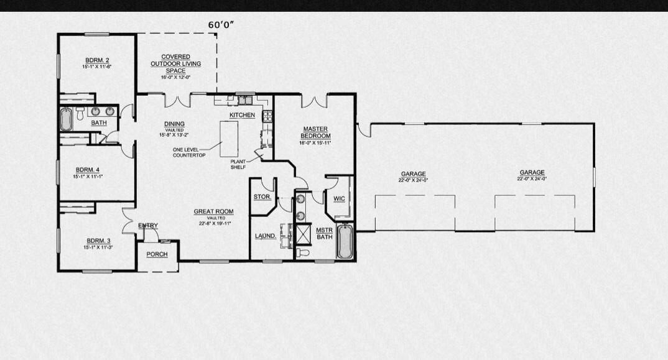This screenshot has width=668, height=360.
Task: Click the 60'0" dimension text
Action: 221,25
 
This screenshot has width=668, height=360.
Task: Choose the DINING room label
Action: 174,124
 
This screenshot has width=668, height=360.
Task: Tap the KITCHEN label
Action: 242,116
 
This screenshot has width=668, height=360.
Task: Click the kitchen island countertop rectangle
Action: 229,139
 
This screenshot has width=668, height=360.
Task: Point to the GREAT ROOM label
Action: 213,212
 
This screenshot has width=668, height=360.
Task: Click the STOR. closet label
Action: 262,197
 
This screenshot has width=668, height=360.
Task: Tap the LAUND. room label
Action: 266,236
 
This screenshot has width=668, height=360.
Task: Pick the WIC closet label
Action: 339,199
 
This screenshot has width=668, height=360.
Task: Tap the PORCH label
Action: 157,254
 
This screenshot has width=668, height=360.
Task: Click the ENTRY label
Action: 148,225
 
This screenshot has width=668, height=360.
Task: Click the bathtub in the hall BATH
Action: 66,119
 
